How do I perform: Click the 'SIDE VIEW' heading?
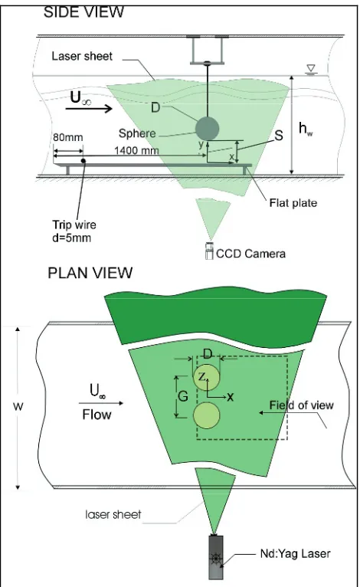coord(83,12)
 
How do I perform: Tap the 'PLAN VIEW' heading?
coord(90,273)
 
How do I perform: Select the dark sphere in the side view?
coord(207,128)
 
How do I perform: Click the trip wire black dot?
coord(83,161)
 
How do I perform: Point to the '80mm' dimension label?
coord(67,137)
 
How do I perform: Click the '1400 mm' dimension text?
coord(136,150)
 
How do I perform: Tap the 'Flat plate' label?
coord(293,203)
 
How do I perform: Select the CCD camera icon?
coord(209,250)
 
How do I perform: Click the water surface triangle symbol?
coord(310,69)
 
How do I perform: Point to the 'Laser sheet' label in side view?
coord(82,56)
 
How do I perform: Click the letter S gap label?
coord(279,136)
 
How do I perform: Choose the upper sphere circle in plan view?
coord(206,376)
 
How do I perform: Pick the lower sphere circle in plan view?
coord(206,415)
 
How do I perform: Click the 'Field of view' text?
coord(302,405)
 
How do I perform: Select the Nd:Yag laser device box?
coord(215,557)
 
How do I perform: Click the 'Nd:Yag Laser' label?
coord(295,553)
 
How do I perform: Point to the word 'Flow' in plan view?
coord(97,415)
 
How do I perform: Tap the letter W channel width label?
coord(18,407)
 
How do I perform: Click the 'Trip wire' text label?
coord(74,225)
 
